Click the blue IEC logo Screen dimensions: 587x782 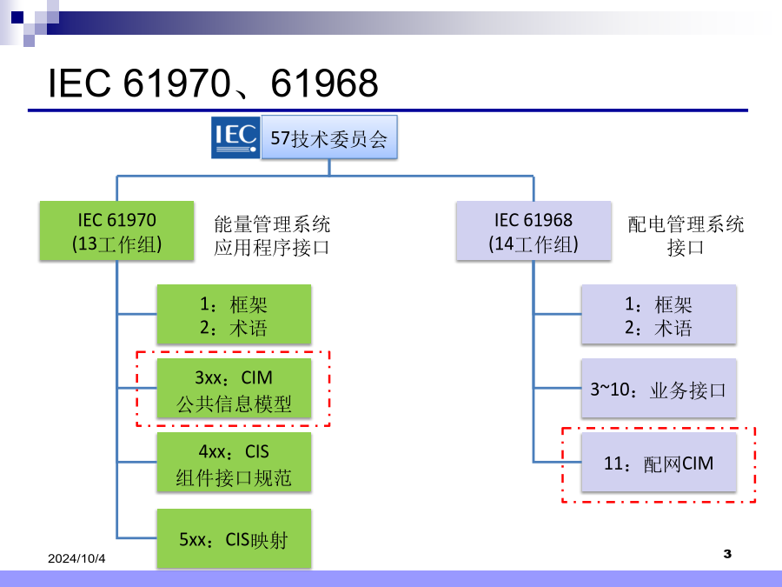pyautogui.click(x=235, y=137)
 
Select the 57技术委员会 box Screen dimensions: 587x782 pyautogui.click(x=329, y=137)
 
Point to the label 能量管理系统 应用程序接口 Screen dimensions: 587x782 pyautogui.click(x=272, y=237)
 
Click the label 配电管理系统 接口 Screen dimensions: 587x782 pyautogui.click(x=686, y=237)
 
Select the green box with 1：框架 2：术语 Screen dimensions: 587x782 pyautogui.click(x=234, y=316)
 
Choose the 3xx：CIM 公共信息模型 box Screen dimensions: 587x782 pyautogui.click(x=234, y=390)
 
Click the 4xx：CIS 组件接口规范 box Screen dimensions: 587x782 pyautogui.click(x=234, y=464)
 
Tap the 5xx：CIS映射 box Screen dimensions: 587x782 pyautogui.click(x=234, y=539)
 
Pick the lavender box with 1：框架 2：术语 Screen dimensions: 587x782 pyautogui.click(x=659, y=316)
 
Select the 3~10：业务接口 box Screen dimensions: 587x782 pyautogui.click(x=659, y=389)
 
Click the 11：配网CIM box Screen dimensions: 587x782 pyautogui.click(x=659, y=464)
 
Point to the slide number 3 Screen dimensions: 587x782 pyautogui.click(x=727, y=554)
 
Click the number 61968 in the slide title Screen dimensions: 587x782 pyautogui.click(x=325, y=83)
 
